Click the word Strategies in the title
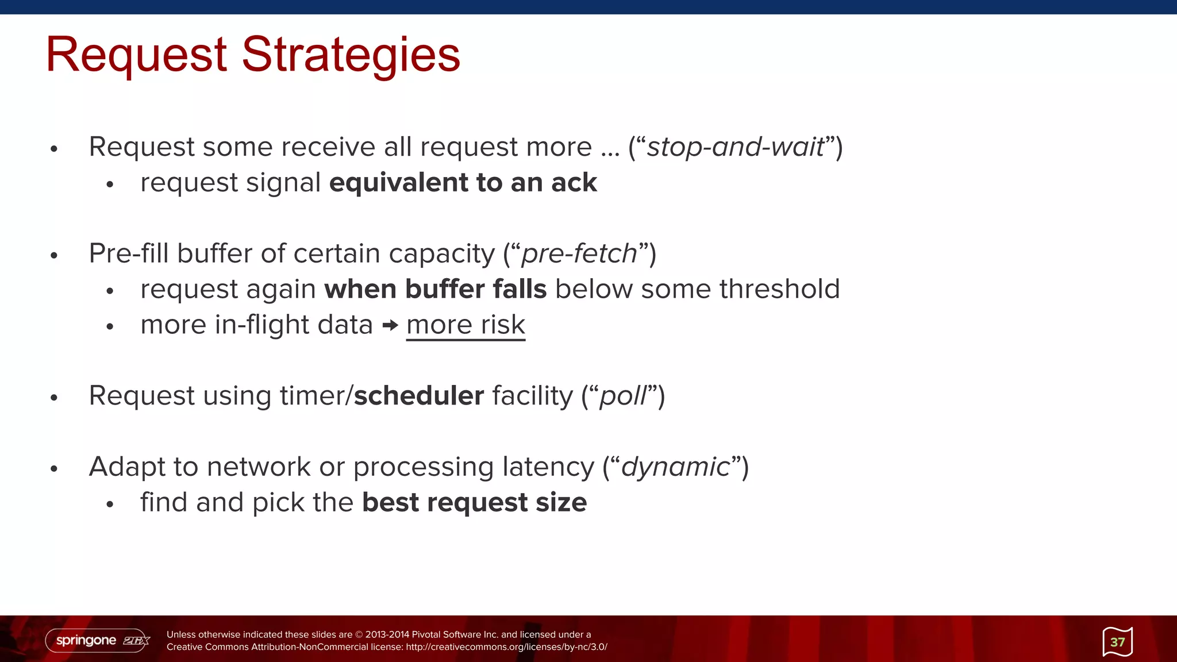click(351, 55)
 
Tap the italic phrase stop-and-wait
click(736, 147)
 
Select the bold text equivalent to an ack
click(463, 183)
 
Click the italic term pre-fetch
click(579, 254)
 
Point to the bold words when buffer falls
click(435, 289)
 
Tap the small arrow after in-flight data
click(390, 326)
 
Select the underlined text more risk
click(466, 325)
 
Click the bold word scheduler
click(419, 396)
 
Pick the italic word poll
click(623, 396)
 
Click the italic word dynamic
click(676, 467)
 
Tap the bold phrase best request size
click(474, 503)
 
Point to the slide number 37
click(1117, 642)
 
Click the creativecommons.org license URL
click(506, 647)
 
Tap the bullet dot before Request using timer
click(54, 398)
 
